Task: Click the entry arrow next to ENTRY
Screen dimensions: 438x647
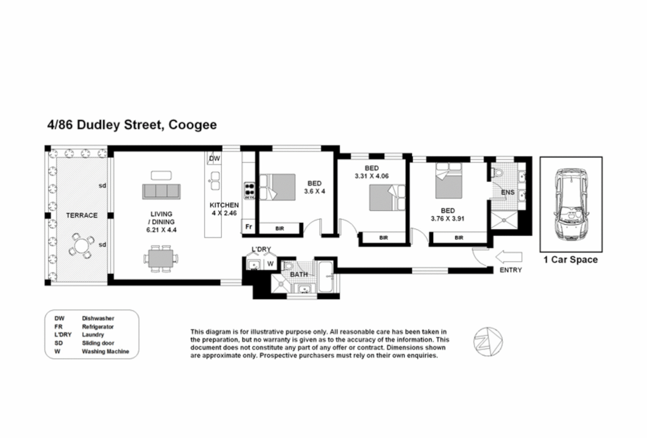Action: coord(508,257)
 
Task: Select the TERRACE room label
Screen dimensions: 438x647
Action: coord(81,215)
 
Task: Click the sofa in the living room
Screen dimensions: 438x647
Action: coord(161,191)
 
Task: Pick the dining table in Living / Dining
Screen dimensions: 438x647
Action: coord(161,258)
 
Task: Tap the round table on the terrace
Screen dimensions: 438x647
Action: coord(81,246)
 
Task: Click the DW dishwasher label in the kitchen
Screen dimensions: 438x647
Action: coord(214,159)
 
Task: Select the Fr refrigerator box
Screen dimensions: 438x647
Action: coord(249,227)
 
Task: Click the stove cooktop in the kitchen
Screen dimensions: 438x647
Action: coord(249,190)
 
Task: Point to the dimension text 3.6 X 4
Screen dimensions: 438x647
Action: coord(314,191)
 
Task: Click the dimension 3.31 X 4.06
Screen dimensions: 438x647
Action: coord(371,176)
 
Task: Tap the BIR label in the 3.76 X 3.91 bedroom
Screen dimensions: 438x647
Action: coord(459,238)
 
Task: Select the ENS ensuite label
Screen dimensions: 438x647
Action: coord(507,192)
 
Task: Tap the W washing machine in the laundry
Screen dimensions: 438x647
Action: coord(270,264)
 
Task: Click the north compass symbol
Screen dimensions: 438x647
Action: coord(488,342)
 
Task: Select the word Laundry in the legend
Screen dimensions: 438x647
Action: coord(93,335)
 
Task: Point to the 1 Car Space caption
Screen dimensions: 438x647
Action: coord(570,260)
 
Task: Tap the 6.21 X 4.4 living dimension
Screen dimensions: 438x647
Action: coord(161,230)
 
